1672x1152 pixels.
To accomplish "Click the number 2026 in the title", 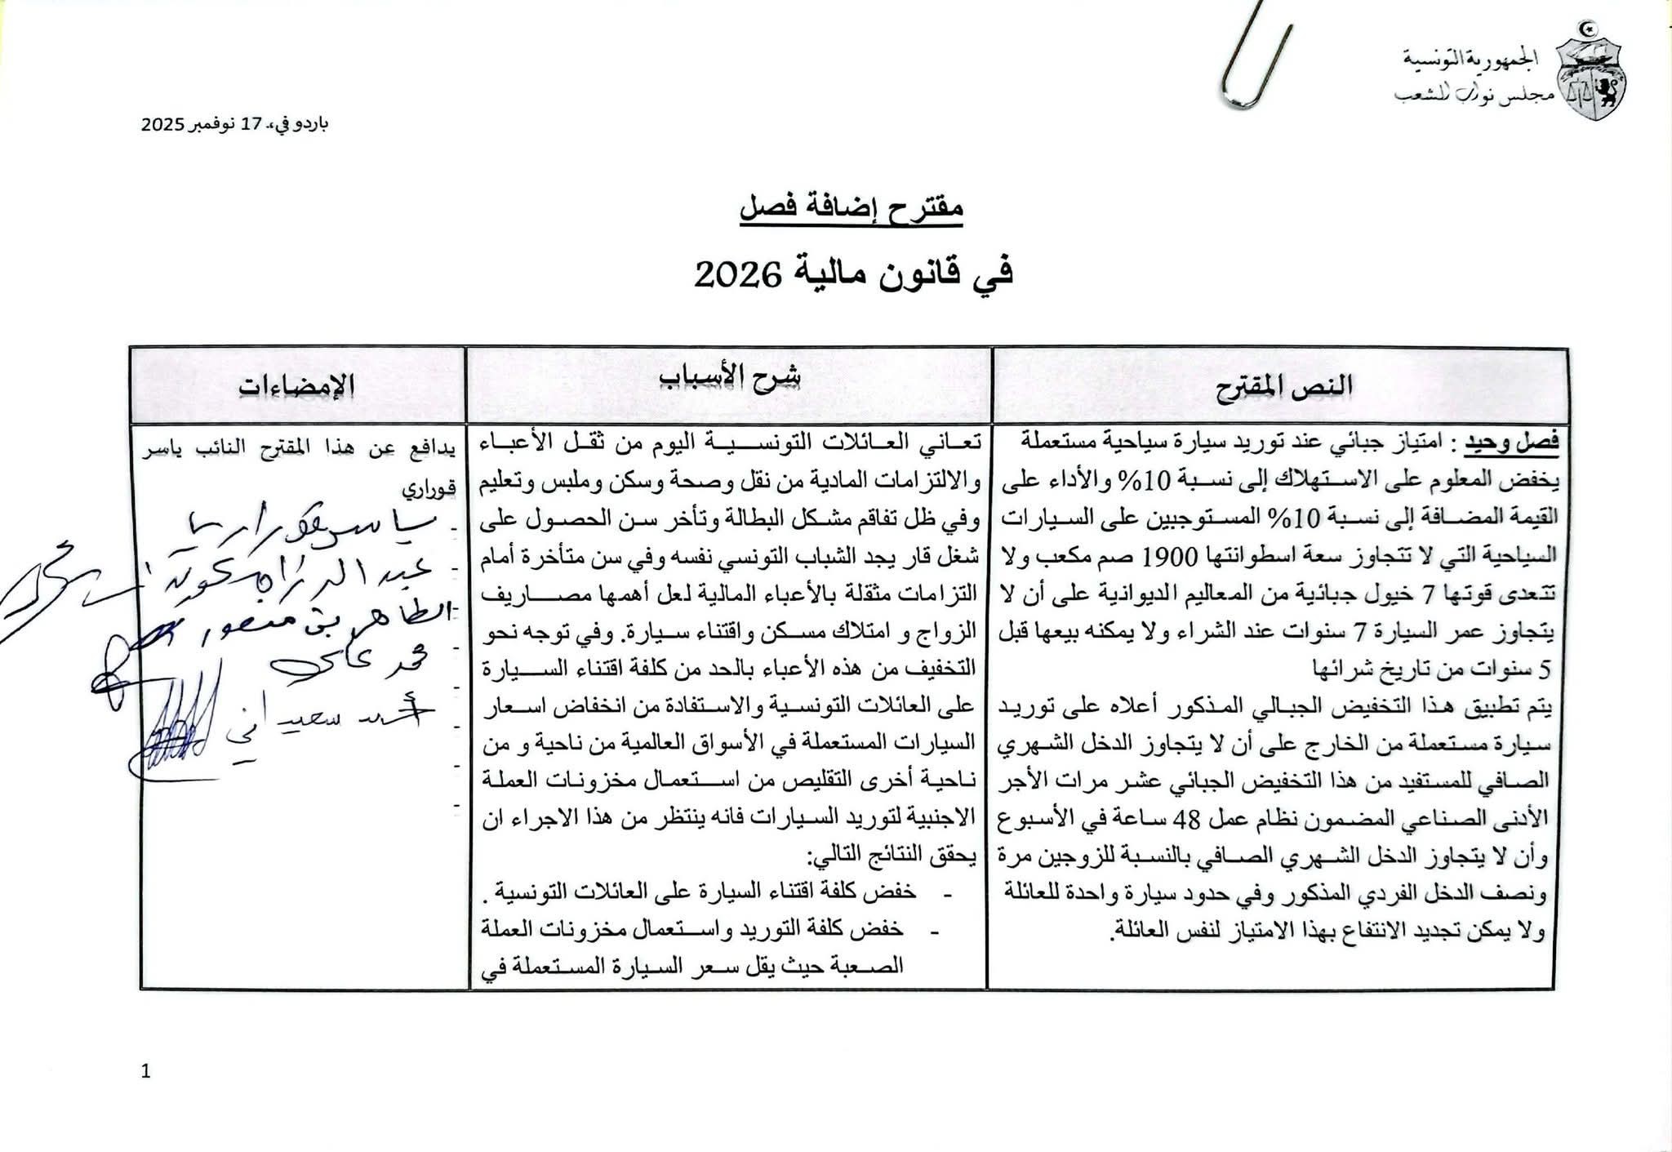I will click(x=734, y=275).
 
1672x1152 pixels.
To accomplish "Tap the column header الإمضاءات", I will click(x=297, y=385).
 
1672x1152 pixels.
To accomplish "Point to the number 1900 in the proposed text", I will click(x=1170, y=556).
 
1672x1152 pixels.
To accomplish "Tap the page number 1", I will click(x=146, y=1071).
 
